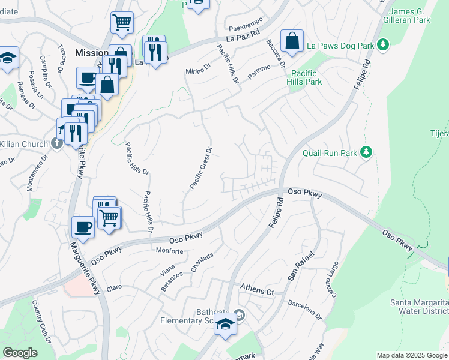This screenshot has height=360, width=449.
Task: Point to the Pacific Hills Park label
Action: pyautogui.click(x=304, y=77)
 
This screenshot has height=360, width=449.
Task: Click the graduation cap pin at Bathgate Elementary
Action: pyautogui.click(x=225, y=325)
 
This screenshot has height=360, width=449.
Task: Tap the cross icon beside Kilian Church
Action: pyautogui.click(x=56, y=143)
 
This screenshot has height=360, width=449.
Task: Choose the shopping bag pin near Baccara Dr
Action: pyautogui.click(x=292, y=42)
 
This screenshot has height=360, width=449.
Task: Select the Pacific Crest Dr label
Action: pyautogui.click(x=201, y=168)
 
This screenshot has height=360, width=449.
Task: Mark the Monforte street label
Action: pyautogui.click(x=169, y=250)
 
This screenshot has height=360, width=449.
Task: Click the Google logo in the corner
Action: pyautogui.click(x=20, y=353)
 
